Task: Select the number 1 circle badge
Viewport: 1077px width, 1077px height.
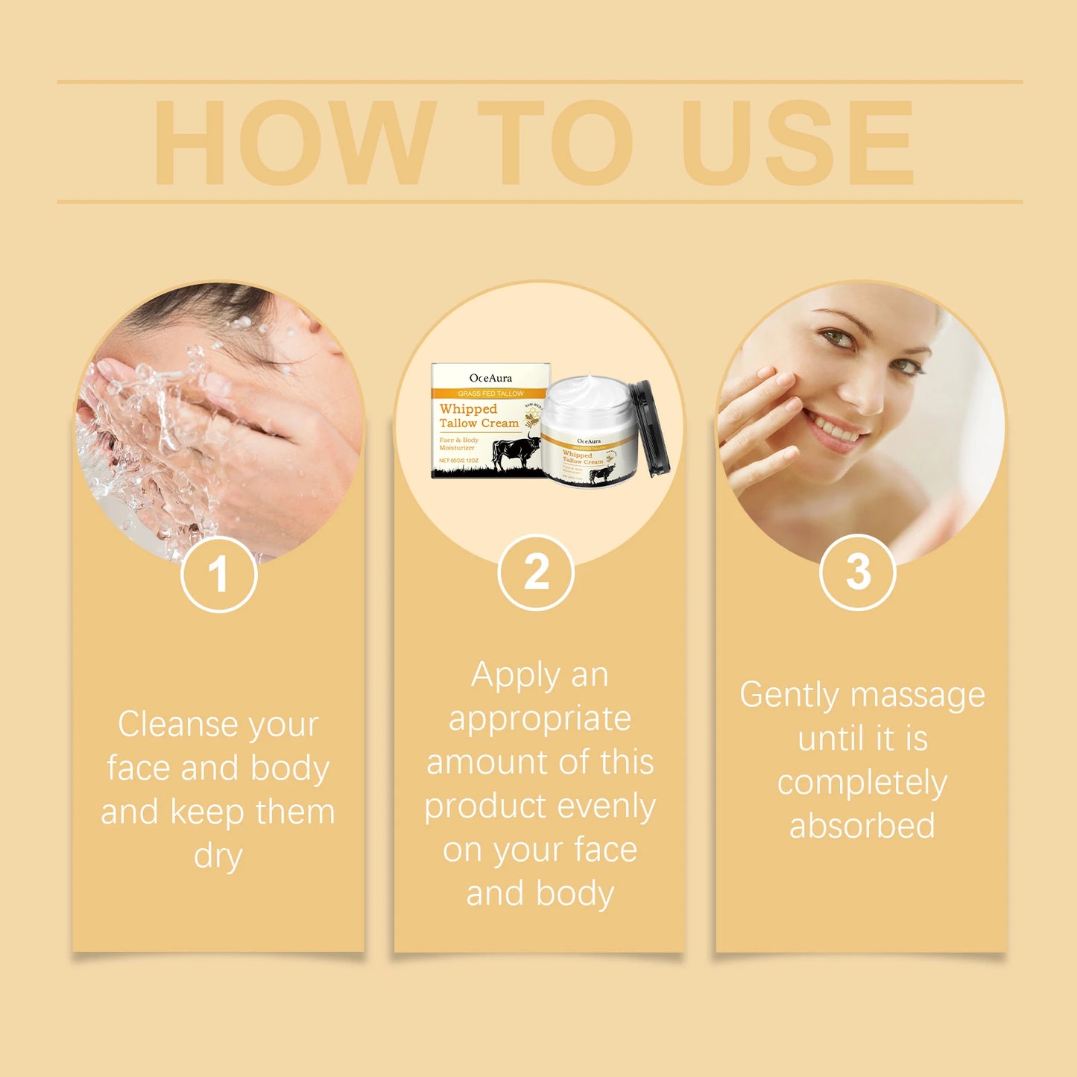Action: coord(218,574)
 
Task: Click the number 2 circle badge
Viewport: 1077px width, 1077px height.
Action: coord(536,572)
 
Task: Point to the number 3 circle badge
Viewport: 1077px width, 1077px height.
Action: coord(857,572)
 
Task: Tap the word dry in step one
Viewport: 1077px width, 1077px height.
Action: coord(218,856)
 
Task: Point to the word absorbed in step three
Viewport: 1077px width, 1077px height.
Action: coord(862,826)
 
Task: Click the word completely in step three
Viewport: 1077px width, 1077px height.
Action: coord(862,783)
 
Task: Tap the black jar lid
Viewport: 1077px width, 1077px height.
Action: coord(651,429)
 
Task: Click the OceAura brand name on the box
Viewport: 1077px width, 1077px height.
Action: coord(490,378)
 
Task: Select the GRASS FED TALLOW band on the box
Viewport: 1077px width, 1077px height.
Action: coord(490,393)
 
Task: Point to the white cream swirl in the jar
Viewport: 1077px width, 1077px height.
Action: coord(585,391)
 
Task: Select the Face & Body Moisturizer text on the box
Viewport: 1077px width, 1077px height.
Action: coord(458,443)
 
